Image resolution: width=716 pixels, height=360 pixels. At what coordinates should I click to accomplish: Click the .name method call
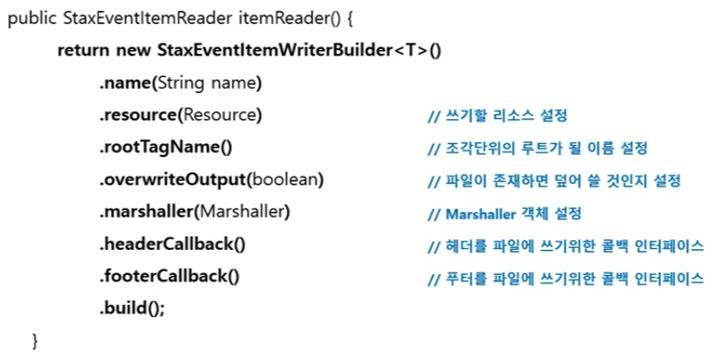pyautogui.click(x=125, y=83)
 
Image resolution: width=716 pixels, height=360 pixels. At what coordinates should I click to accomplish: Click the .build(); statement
pyautogui.click(x=132, y=308)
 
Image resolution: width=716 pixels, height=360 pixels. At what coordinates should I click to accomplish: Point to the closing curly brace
pyautogui.click(x=35, y=340)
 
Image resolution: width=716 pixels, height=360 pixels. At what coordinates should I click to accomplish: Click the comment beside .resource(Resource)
pyautogui.click(x=499, y=116)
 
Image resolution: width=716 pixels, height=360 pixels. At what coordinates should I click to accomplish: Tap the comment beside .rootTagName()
pyautogui.click(x=537, y=148)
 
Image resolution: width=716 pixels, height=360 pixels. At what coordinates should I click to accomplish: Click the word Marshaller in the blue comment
pyautogui.click(x=479, y=213)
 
